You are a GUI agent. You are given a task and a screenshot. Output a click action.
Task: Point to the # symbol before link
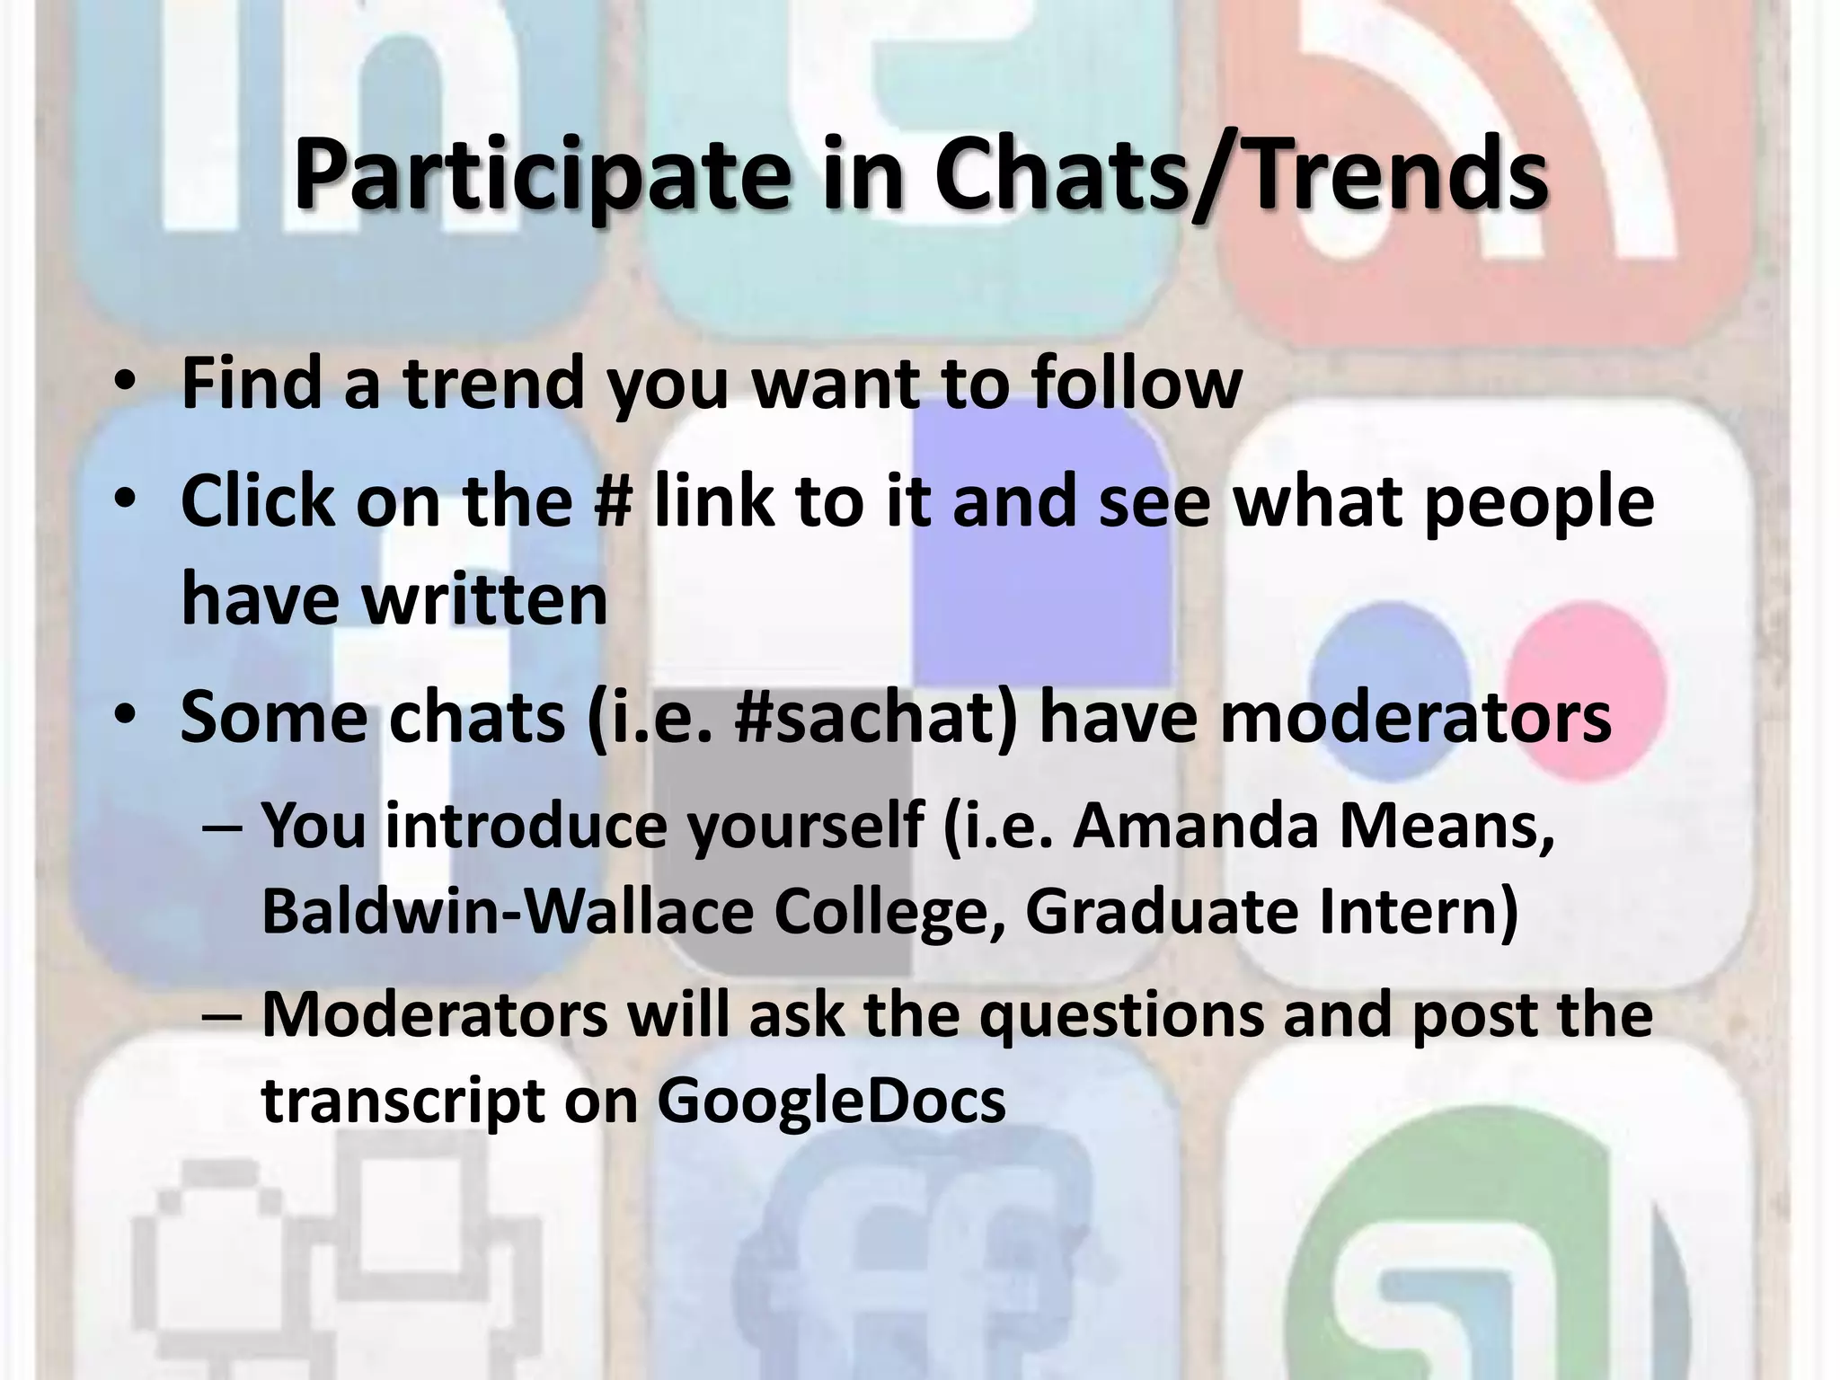point(615,500)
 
